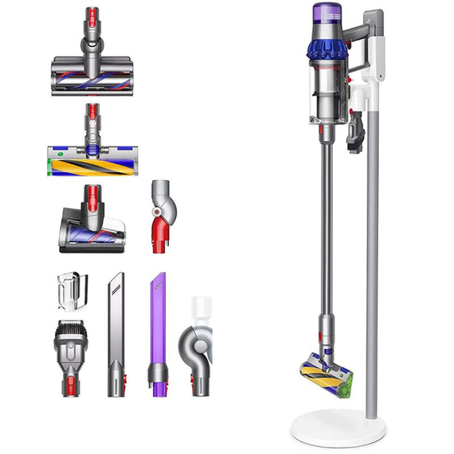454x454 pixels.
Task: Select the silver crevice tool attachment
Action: tap(115, 335)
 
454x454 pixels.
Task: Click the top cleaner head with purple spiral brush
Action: tap(89, 75)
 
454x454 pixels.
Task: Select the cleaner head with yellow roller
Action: tap(89, 163)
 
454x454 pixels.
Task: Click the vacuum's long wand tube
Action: tap(326, 239)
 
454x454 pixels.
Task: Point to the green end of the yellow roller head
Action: tap(53, 166)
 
